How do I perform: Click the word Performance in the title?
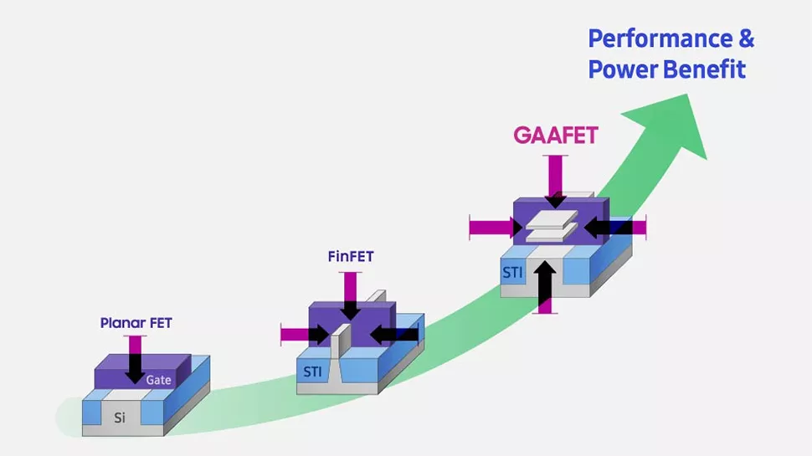coord(655,38)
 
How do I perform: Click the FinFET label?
coord(350,257)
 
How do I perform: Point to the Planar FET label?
coord(136,323)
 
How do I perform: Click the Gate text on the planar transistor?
coord(158,379)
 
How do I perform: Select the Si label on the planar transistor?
coord(120,418)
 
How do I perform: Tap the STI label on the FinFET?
coord(311,371)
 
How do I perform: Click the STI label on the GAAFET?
coord(513,272)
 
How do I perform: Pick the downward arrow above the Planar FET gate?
coord(135,358)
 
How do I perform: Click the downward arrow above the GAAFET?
coord(555,182)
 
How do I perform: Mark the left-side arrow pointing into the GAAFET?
coord(495,227)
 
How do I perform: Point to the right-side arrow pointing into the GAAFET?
coord(614,227)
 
